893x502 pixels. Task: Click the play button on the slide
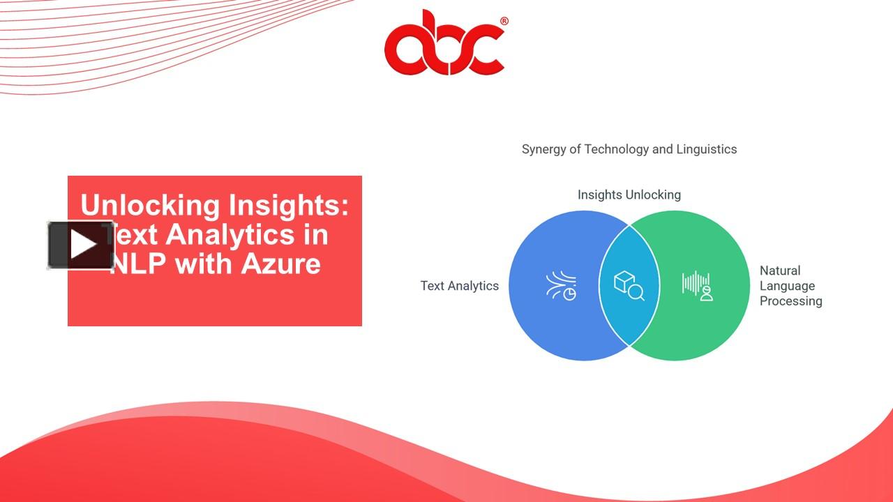(81, 245)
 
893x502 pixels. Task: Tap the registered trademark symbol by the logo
(504, 22)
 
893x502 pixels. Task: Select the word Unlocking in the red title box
(150, 206)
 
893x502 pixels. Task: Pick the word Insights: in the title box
(288, 206)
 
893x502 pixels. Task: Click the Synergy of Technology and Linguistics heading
(629, 149)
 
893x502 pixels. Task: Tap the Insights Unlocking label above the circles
(629, 195)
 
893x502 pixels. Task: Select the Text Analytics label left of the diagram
(459, 286)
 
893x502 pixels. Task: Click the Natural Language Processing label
(790, 286)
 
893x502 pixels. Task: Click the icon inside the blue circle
(561, 286)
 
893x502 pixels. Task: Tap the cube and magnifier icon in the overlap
(629, 286)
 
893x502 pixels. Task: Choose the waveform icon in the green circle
(697, 285)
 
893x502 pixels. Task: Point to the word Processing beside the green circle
(790, 301)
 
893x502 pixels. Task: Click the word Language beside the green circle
(787, 286)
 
